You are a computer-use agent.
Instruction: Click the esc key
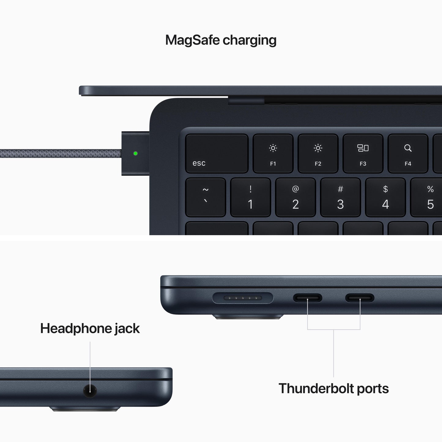[x=217, y=154]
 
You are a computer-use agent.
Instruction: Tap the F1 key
[x=273, y=154]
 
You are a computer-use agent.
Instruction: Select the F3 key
[x=363, y=154]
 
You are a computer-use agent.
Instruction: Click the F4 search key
[x=408, y=154]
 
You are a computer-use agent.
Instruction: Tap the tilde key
[x=206, y=197]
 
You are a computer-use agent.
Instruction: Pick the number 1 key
[x=251, y=197]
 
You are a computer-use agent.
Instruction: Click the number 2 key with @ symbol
[x=295, y=197]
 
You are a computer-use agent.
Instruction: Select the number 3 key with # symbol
[x=340, y=197]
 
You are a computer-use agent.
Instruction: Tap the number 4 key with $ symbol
[x=385, y=197]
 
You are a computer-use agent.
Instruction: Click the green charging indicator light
[x=136, y=153]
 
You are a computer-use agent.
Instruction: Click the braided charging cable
[x=61, y=153]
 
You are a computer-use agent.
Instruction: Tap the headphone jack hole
[x=90, y=391]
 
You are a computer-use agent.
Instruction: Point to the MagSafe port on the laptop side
[x=243, y=298]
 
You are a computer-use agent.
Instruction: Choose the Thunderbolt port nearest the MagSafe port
[x=308, y=298]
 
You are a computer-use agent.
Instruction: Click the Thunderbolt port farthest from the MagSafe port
[x=360, y=298]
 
